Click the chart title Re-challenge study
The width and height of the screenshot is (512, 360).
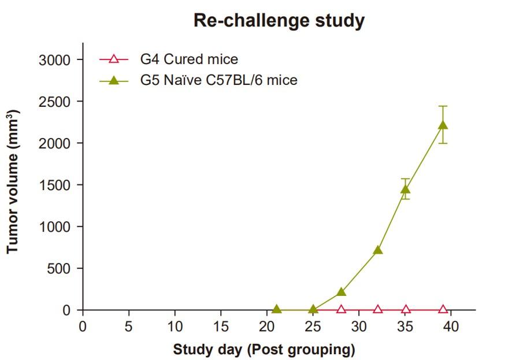279,21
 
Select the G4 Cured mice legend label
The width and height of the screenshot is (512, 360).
189,60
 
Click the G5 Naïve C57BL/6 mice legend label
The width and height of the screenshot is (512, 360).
219,80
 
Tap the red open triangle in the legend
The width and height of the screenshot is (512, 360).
114,59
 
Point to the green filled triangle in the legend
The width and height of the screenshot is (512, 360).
114,80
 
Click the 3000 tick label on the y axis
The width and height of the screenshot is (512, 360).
54,60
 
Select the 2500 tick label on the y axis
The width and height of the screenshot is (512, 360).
54,102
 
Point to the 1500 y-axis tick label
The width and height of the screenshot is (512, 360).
54,185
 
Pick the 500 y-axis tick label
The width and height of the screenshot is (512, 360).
59,269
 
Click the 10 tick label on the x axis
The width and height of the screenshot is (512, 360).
175,326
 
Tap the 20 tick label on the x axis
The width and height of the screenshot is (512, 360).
267,326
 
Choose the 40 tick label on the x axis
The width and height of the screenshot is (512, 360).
451,326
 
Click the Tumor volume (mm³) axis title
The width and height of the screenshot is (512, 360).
13,181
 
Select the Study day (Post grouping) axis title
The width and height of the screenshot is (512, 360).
264,350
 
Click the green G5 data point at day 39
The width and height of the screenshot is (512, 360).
443,125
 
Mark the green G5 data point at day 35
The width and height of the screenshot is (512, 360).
406,189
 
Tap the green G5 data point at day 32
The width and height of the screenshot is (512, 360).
378,250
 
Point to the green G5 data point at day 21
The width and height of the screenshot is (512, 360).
277,309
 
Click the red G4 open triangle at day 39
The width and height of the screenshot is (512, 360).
443,309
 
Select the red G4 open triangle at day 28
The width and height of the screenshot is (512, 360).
341,309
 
